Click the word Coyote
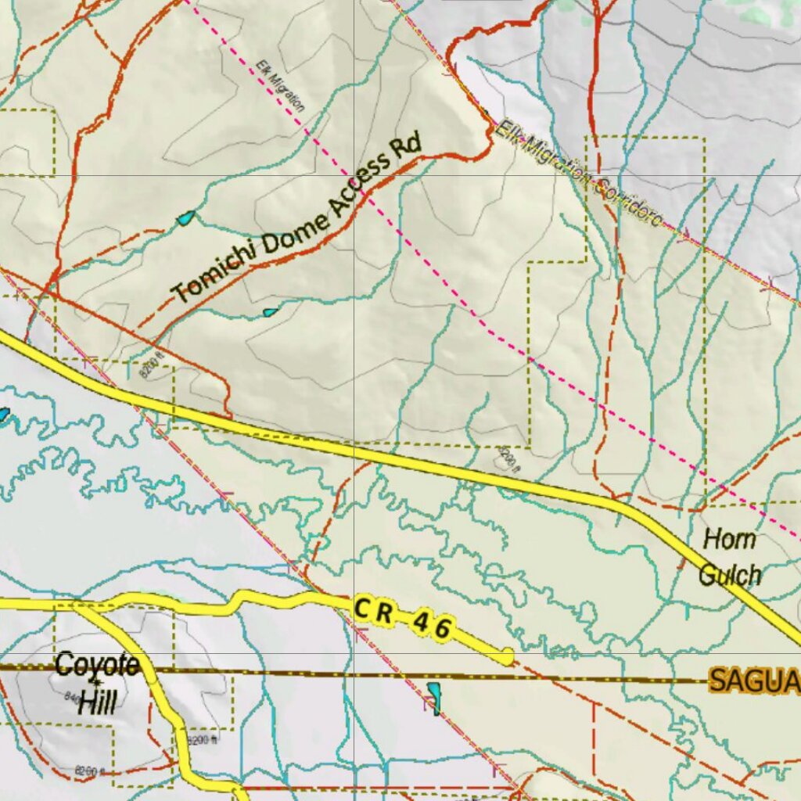click(97, 666)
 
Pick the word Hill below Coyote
click(97, 702)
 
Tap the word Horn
click(729, 539)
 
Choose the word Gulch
click(729, 575)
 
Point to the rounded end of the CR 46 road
click(507, 656)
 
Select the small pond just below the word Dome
click(270, 313)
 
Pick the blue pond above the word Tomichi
click(186, 219)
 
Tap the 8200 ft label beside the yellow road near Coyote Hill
click(202, 740)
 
